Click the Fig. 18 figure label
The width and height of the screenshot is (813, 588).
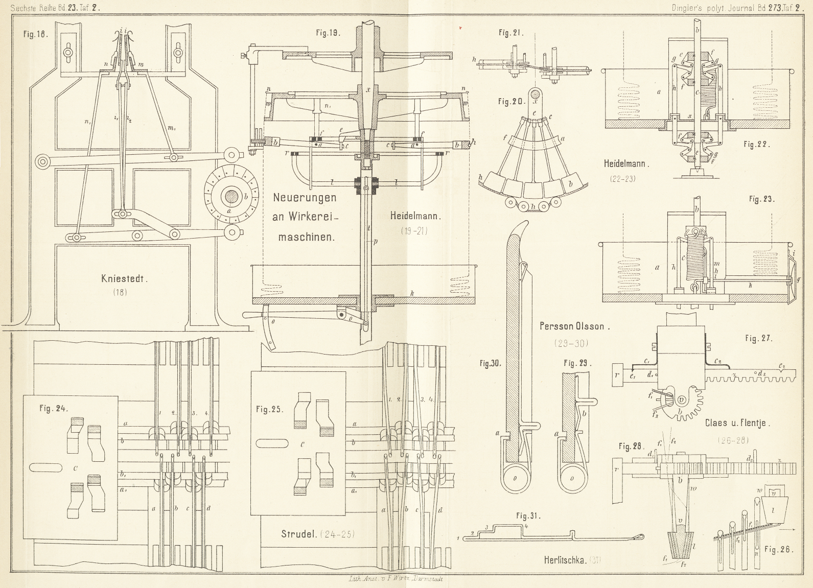click(x=35, y=34)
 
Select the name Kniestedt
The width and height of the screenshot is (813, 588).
click(x=124, y=279)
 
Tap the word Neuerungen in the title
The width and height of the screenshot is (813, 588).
click(x=305, y=198)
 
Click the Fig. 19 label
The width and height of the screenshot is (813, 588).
click(x=328, y=33)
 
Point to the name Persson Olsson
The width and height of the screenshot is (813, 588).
click(x=574, y=326)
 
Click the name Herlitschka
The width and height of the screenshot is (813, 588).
click(x=565, y=560)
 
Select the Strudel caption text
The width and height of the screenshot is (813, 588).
click(x=299, y=534)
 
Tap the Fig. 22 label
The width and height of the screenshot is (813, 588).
click(x=757, y=145)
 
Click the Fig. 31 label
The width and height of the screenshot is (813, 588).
click(x=528, y=516)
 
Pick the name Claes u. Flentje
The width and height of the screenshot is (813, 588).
click(x=737, y=422)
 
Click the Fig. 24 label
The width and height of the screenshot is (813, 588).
click(x=54, y=408)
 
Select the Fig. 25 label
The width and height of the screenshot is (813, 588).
click(x=269, y=409)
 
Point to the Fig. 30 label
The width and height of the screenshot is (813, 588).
click(x=490, y=364)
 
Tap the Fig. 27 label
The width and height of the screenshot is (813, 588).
click(x=759, y=338)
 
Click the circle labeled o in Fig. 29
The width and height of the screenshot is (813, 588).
click(x=572, y=478)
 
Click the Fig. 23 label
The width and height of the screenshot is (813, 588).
click(x=761, y=199)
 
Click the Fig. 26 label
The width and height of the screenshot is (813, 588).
click(x=778, y=550)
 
